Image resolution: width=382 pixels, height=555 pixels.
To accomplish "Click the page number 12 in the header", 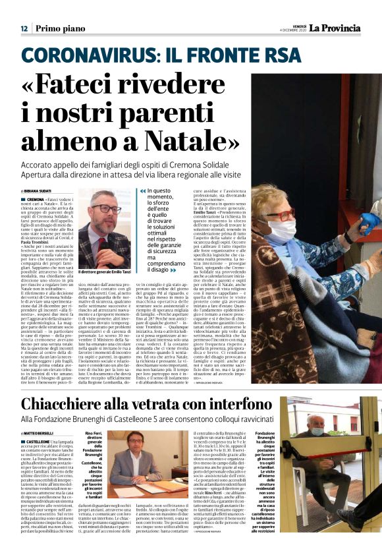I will [x=24, y=28].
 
